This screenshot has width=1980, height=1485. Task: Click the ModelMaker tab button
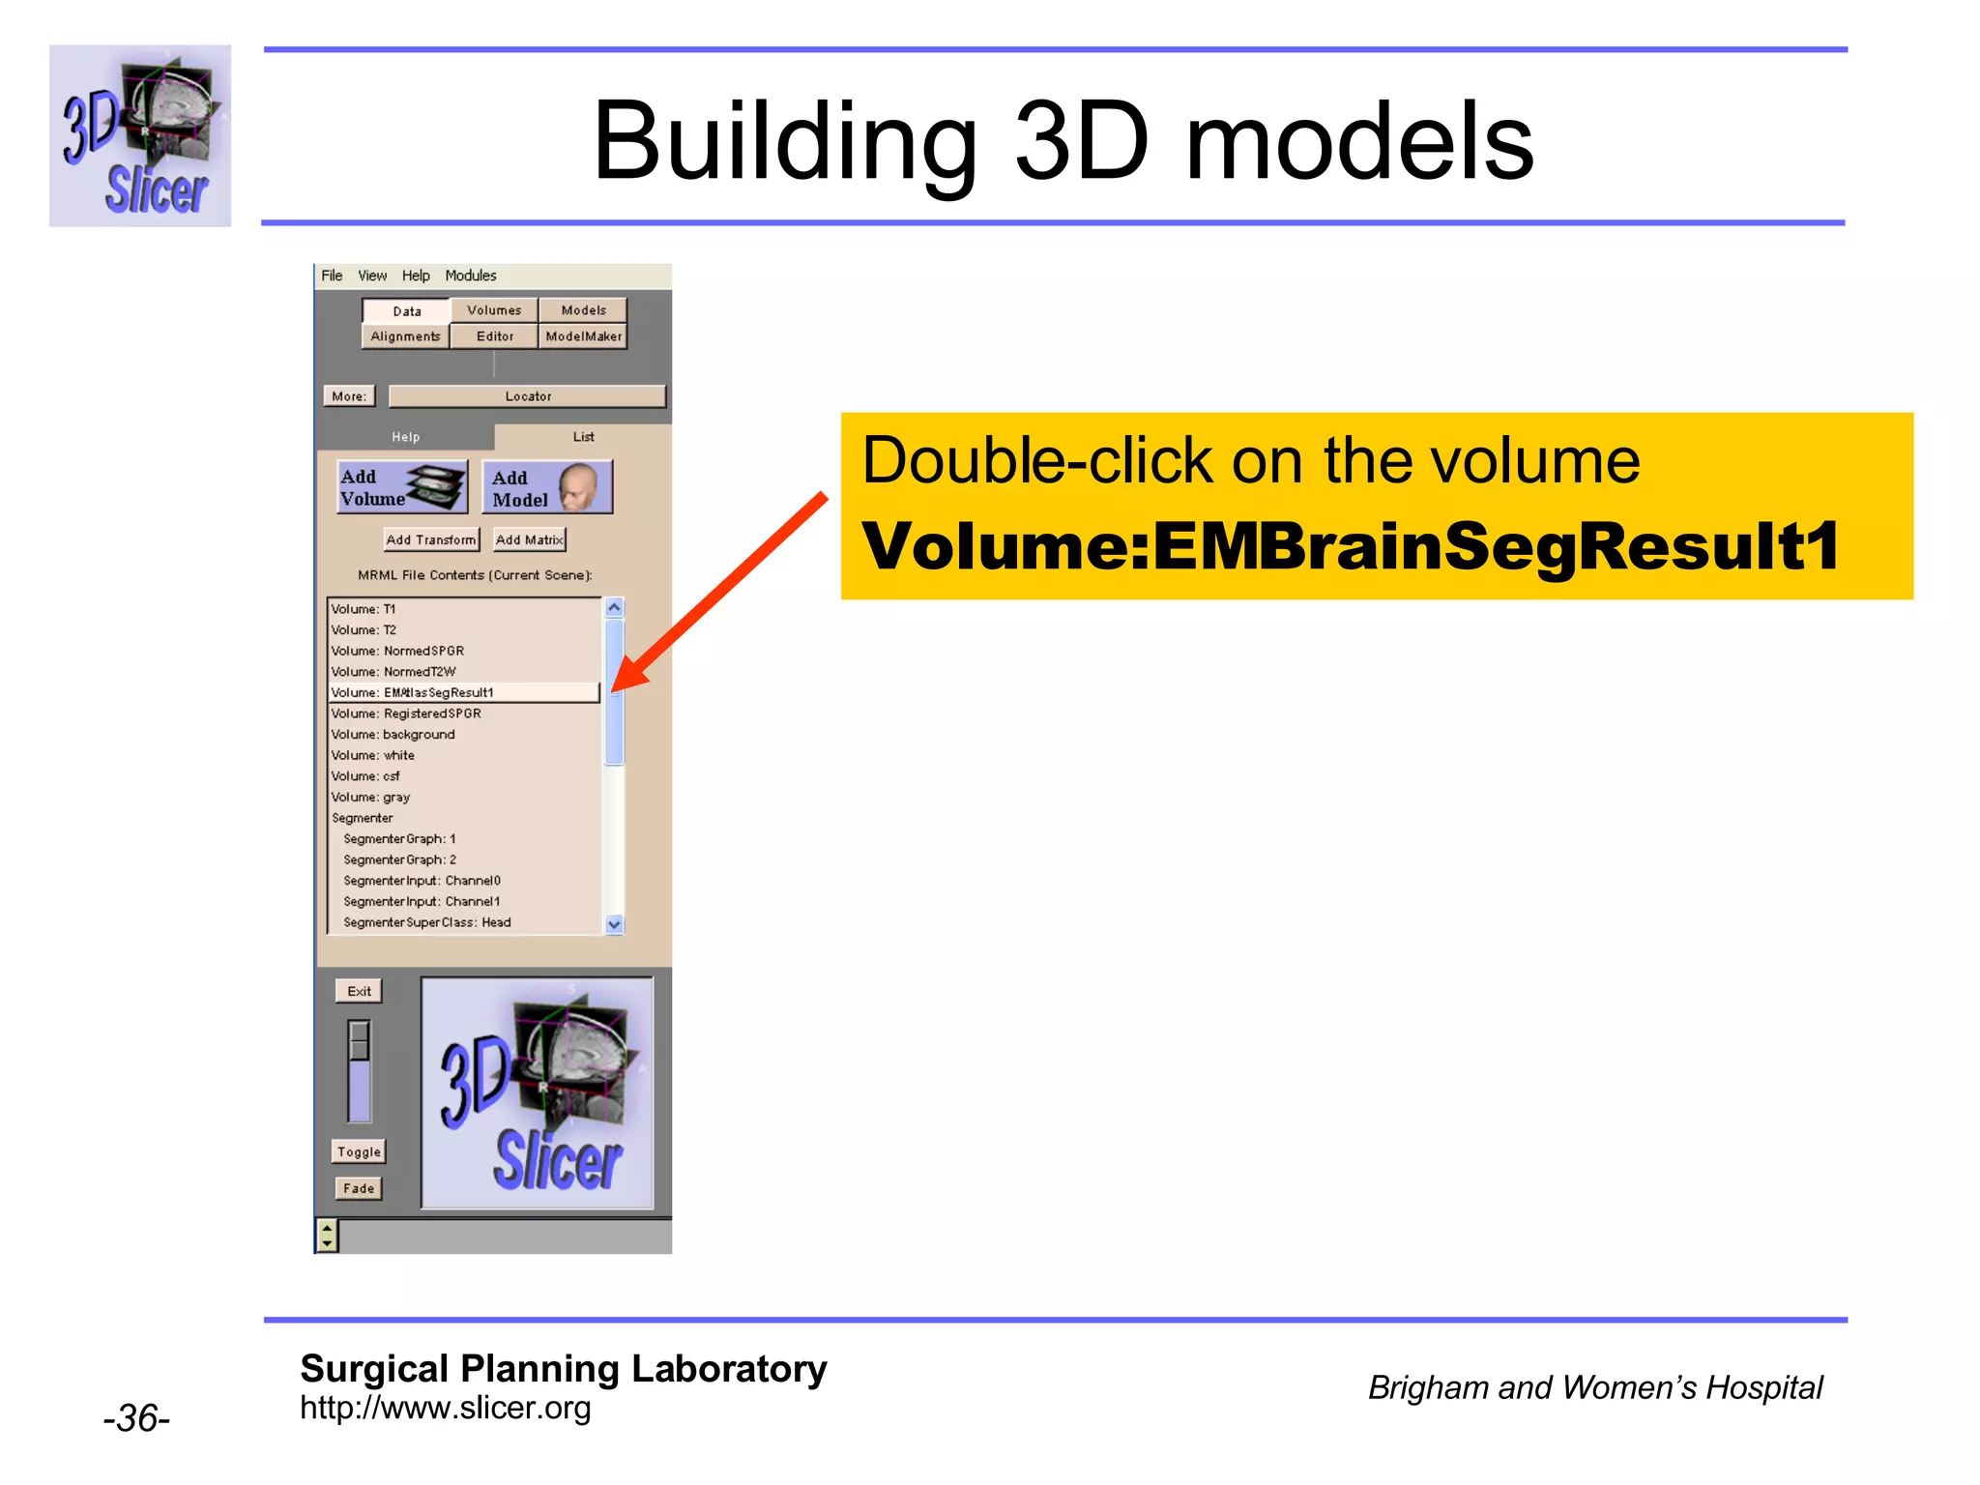click(x=583, y=336)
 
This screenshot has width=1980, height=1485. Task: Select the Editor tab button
click(x=494, y=336)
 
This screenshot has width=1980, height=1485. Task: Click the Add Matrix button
click(x=529, y=539)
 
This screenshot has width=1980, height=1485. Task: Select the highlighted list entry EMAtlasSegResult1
click(x=463, y=692)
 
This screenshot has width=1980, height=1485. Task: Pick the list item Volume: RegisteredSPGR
click(x=406, y=713)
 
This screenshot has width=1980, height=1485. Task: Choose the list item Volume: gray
click(x=371, y=798)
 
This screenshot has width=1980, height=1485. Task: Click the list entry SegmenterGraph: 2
click(x=399, y=859)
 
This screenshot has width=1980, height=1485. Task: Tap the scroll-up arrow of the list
click(x=614, y=608)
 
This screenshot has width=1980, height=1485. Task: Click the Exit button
click(x=359, y=991)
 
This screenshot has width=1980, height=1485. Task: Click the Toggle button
click(x=359, y=1151)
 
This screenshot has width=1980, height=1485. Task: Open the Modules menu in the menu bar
click(x=470, y=276)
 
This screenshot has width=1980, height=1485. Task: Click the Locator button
click(x=528, y=396)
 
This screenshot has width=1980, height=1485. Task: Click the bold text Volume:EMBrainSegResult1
click(x=1350, y=546)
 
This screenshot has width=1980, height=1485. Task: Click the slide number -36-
click(x=136, y=1418)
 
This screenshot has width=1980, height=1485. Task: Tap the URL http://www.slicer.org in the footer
click(x=445, y=1408)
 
